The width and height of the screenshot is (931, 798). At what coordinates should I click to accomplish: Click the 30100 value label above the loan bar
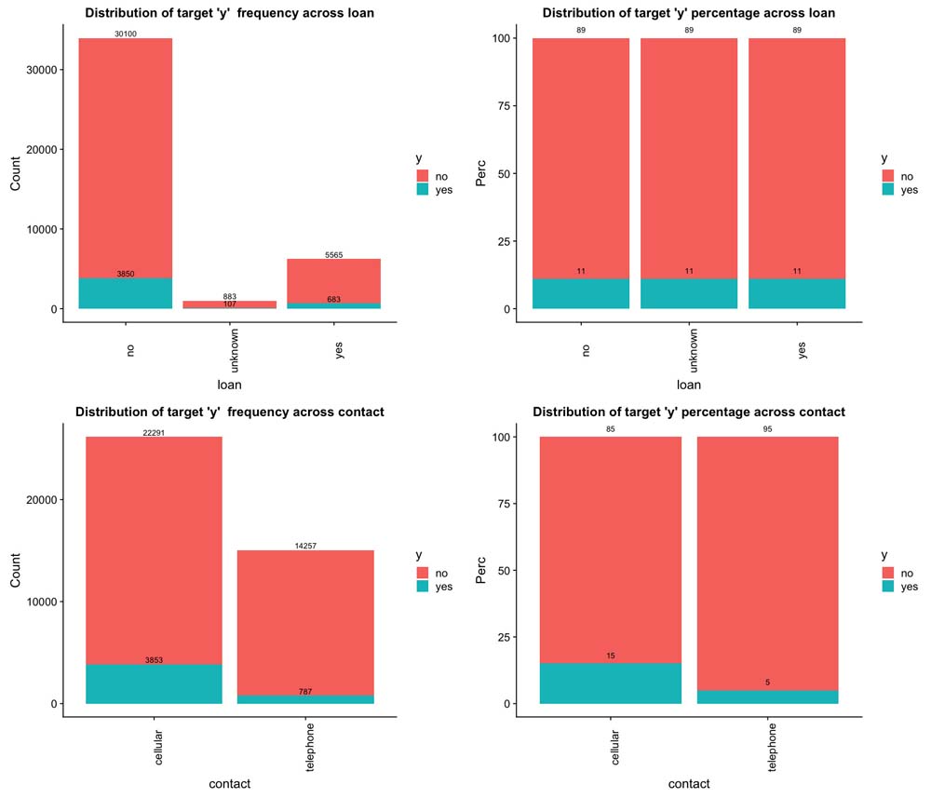(x=125, y=34)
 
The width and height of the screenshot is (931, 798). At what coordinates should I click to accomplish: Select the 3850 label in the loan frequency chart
(x=126, y=274)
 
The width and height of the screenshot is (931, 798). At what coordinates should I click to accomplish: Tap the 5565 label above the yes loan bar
(x=333, y=254)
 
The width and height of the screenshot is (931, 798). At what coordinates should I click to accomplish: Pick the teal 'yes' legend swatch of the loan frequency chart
(x=423, y=190)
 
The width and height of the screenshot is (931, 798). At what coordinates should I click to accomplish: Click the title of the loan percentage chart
(x=688, y=13)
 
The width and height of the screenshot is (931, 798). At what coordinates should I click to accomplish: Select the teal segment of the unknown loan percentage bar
(x=688, y=293)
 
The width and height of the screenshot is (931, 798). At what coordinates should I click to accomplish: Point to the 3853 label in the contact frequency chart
(x=154, y=660)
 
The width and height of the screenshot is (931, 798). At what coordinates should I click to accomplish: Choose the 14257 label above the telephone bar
(x=304, y=546)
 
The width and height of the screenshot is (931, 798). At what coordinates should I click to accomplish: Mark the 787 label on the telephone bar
(x=304, y=691)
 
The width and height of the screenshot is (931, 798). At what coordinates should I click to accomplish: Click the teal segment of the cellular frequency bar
(x=154, y=684)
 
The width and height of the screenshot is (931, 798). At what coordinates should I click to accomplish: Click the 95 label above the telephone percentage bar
(x=767, y=429)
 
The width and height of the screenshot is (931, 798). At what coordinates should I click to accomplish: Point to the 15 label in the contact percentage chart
(x=611, y=656)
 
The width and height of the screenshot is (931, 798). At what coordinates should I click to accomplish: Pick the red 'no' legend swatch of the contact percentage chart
(x=888, y=573)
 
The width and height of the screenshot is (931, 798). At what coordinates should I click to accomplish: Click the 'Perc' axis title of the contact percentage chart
(x=480, y=570)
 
